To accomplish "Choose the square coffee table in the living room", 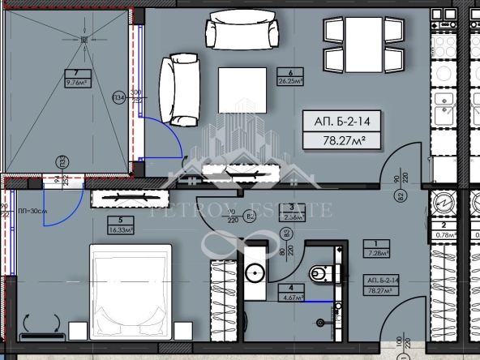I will (242, 92).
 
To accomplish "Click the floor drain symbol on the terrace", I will (83, 39).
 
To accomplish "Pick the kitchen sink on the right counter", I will (444, 106).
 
